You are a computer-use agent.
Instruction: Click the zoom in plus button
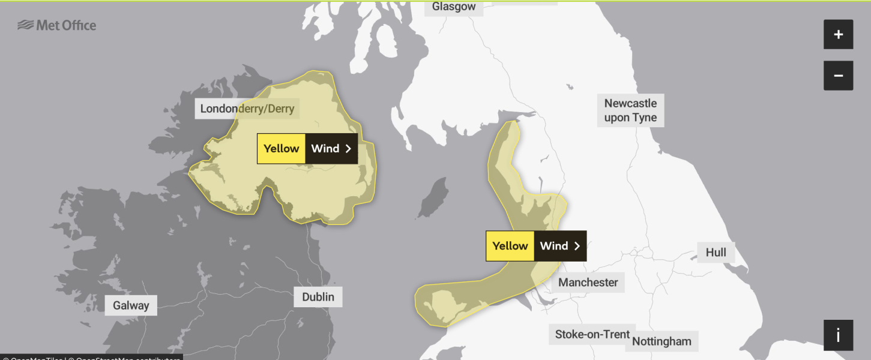tap(838, 35)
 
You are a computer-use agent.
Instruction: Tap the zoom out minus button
tap(838, 76)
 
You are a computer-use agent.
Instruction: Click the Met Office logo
tap(57, 25)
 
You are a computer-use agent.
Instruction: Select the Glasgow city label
tap(454, 7)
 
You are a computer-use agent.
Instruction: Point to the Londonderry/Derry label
tap(247, 109)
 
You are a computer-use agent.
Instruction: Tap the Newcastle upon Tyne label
tap(630, 110)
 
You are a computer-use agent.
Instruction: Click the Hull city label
tap(716, 253)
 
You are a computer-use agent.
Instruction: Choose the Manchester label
tap(588, 282)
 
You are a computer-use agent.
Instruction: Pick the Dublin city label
tap(318, 297)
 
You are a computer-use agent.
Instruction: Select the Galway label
tap(131, 305)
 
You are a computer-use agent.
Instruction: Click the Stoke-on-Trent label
tap(592, 334)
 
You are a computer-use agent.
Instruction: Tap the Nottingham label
tap(662, 341)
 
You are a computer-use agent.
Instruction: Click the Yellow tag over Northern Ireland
tap(281, 149)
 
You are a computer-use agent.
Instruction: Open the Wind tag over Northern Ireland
tap(325, 149)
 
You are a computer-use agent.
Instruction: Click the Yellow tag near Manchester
tap(510, 246)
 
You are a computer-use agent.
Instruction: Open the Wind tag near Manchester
tap(553, 246)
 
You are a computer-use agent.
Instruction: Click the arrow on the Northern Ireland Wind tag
tap(348, 149)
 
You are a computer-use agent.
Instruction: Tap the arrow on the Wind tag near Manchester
tap(577, 246)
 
